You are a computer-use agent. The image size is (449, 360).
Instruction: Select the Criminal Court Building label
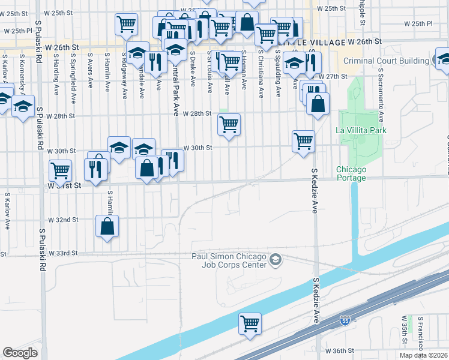pos(385,61)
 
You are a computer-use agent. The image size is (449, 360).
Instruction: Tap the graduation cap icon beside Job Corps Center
pos(275,259)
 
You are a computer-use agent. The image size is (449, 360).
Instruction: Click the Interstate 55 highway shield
pos(345,320)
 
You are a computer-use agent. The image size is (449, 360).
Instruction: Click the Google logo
pos(20,353)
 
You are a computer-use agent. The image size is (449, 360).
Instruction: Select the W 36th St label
pos(339,350)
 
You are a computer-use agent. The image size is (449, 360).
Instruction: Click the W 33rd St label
pos(64,254)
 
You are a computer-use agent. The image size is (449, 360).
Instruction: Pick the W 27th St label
pos(333,77)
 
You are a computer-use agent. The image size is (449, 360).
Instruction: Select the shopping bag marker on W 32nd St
pos(107,226)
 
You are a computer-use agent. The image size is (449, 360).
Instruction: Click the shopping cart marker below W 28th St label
pos(229,125)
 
